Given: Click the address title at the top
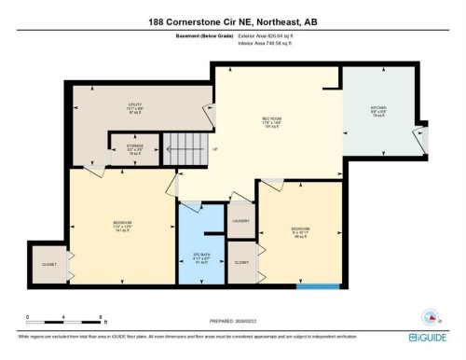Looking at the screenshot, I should point(233,21).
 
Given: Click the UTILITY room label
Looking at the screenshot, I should point(134,106).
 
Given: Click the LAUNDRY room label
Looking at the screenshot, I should point(240,221).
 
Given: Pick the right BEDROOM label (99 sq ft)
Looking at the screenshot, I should point(300,228).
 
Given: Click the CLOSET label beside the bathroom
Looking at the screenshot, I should point(241,263).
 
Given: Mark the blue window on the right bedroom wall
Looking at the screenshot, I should point(304,286).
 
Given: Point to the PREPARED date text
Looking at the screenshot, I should point(232,316).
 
